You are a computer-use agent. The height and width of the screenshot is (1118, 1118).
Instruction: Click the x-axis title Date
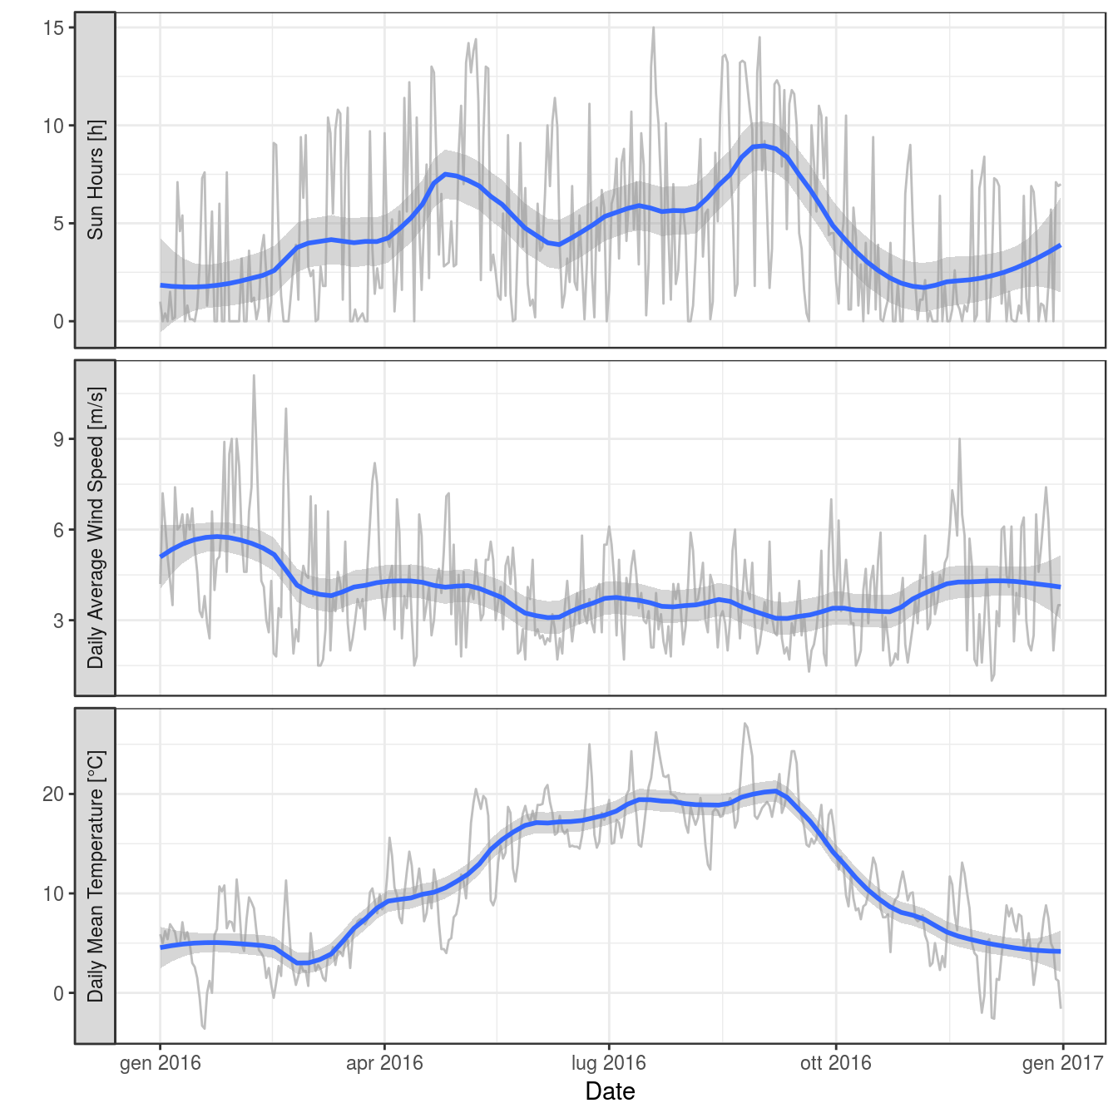(x=610, y=1091)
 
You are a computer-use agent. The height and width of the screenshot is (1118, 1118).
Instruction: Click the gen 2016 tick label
(x=160, y=1062)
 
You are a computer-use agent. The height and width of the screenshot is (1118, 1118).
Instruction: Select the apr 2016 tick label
(x=384, y=1062)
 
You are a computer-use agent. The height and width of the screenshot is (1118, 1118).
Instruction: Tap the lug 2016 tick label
(x=608, y=1062)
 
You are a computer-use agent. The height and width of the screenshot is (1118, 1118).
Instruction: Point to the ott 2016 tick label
(x=835, y=1062)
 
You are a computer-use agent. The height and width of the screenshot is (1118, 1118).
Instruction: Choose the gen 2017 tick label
(x=1062, y=1062)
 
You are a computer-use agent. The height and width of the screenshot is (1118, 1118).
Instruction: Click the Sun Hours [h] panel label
(x=96, y=180)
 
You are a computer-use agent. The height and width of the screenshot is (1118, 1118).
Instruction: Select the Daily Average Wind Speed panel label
(x=96, y=527)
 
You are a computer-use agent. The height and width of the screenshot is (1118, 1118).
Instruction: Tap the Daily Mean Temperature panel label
(x=96, y=876)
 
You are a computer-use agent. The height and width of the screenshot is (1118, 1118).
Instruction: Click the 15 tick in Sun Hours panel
(x=53, y=27)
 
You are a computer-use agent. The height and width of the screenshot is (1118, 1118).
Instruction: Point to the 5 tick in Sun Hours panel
(x=58, y=224)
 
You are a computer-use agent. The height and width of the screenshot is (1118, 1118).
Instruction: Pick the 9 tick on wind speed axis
(x=58, y=439)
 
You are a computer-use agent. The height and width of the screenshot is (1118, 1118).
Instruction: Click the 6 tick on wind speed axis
(x=58, y=530)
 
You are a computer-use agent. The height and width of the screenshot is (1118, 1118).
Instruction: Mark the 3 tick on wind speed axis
(x=58, y=621)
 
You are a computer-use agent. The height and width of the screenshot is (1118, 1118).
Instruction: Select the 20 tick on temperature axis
(x=53, y=794)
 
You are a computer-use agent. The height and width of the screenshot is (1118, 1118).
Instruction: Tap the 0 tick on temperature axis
(x=58, y=993)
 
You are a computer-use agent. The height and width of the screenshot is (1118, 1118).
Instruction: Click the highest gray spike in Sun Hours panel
(x=653, y=28)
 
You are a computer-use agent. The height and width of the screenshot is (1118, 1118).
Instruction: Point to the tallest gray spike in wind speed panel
(x=254, y=376)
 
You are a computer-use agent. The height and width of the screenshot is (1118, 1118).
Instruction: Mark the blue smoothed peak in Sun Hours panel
(x=762, y=146)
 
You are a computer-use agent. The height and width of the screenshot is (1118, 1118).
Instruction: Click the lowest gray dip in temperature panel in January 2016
(x=204, y=1028)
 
